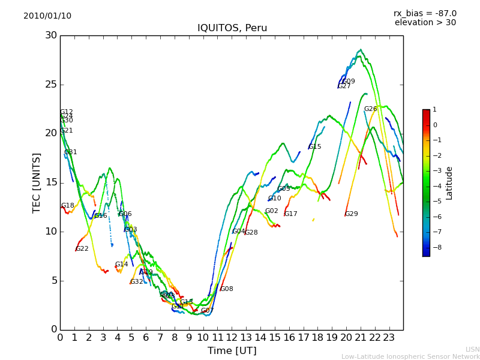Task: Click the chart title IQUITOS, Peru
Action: coord(232,28)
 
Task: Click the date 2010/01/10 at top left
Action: coord(47,16)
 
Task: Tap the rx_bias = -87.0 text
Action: coord(425,14)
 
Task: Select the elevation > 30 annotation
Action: coord(425,23)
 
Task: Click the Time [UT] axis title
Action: coord(232,351)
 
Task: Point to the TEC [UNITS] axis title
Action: coord(37,183)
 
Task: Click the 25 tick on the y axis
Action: coord(51,85)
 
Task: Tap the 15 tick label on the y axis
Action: coord(51,182)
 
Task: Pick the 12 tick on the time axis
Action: coord(232,337)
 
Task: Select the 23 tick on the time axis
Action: coord(389,337)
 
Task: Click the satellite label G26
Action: coord(370,109)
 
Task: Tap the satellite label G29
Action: coord(351,214)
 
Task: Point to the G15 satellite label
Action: coord(315,147)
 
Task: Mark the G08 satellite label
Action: coord(227,289)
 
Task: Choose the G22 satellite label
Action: coord(82,249)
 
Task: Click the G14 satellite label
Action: coord(122,265)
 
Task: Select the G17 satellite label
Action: coord(291,214)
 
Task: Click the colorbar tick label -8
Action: coord(435,247)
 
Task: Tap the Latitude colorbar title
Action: coord(449,183)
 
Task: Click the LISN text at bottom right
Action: coord(473,349)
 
